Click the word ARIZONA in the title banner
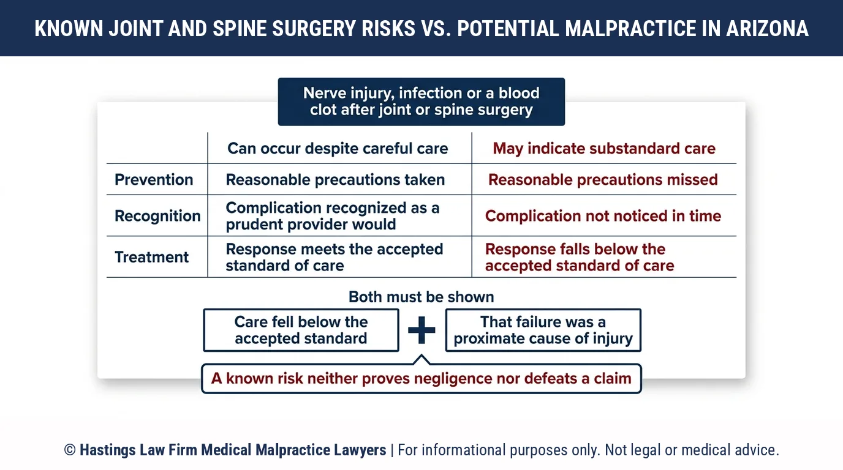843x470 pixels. point(767,29)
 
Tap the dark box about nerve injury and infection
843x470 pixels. point(421,102)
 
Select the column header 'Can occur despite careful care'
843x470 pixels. point(338,149)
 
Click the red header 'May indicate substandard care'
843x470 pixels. point(604,149)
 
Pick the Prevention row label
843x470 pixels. point(154,180)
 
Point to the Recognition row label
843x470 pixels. point(157,216)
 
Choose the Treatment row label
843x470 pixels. point(151,257)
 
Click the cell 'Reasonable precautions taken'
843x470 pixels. point(335,180)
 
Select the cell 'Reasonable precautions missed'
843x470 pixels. point(603,180)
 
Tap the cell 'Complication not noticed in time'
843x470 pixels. point(603,216)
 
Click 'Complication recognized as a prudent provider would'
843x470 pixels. point(333,216)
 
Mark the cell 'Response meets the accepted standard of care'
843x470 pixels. point(334,257)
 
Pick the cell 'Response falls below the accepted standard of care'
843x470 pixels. point(580,257)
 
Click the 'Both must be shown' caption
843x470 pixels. point(421,297)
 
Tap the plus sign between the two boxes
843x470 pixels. point(421,330)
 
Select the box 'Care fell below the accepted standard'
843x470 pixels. point(301,330)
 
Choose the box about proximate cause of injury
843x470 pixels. point(543,330)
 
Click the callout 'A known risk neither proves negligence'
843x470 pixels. point(421,379)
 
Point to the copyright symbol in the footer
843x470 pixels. point(70,450)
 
